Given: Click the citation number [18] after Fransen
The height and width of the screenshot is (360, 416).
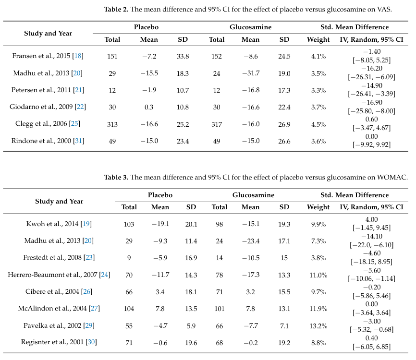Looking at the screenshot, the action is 78,56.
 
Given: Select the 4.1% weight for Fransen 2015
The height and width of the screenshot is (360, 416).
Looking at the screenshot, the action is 318,56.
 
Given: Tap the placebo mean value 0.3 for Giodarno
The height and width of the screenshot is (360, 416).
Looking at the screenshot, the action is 149,107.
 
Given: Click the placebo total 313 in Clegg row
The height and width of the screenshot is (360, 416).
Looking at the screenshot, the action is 112,124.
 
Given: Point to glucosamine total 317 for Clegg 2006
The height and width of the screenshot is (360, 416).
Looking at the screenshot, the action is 217,124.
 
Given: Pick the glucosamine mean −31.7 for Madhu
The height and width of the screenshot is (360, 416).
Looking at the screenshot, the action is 250,73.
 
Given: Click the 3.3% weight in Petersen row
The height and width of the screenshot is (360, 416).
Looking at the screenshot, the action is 318,90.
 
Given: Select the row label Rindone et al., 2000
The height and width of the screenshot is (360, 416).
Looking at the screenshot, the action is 41,141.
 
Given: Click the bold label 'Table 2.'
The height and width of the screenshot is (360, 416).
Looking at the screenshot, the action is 116,9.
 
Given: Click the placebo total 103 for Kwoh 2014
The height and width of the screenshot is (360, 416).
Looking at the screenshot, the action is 129,224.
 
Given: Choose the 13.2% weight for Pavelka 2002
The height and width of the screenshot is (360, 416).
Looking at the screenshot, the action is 318,326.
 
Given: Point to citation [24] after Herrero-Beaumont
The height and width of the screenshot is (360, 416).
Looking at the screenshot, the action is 105,275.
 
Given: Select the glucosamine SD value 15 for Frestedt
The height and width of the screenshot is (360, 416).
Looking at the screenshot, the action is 284,258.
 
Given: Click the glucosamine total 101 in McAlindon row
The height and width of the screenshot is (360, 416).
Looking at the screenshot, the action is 219,309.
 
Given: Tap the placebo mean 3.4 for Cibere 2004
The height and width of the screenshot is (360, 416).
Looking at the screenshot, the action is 160,292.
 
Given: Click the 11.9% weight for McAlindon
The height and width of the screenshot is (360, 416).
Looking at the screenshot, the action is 318,309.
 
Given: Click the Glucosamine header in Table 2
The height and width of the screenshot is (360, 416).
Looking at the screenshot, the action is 250,27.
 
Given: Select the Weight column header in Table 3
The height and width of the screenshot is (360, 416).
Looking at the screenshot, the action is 318,207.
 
